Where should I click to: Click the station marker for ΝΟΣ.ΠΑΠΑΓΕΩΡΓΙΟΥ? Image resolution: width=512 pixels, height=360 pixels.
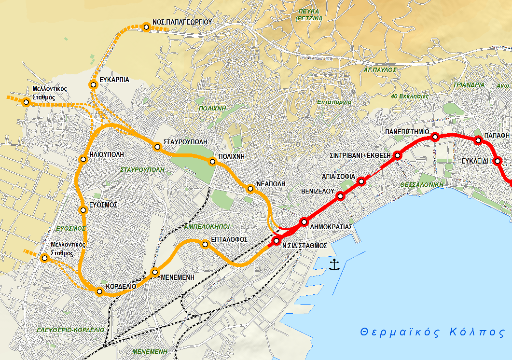[147, 27]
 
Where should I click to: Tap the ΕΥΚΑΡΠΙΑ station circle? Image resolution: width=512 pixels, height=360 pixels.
[94, 85]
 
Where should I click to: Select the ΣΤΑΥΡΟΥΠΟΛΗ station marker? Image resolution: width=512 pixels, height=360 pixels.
[157, 147]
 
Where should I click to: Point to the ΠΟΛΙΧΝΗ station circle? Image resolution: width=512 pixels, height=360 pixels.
[212, 162]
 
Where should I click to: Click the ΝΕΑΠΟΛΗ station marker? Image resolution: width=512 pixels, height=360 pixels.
[250, 189]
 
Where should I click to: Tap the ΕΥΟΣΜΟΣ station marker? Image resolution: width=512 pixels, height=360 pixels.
[83, 210]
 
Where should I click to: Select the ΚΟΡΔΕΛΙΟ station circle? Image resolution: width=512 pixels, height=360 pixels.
[99, 291]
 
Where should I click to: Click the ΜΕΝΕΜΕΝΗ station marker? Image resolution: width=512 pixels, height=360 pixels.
[155, 273]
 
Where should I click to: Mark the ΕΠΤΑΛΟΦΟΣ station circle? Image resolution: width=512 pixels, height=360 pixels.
[206, 245]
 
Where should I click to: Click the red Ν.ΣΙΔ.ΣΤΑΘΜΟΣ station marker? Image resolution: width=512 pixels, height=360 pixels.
[277, 241]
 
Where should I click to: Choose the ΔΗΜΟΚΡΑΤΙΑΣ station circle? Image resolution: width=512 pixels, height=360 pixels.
[304, 222]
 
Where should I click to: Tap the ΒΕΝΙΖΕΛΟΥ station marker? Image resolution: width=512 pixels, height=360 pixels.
[340, 195]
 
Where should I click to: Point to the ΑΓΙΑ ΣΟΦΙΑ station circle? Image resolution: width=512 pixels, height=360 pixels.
[361, 181]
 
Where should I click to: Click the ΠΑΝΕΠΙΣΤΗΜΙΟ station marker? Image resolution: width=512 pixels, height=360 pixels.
[435, 137]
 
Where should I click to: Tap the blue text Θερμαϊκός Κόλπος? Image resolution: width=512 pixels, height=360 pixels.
[432, 332]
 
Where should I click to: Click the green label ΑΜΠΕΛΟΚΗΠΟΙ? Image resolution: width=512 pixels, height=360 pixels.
[207, 226]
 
